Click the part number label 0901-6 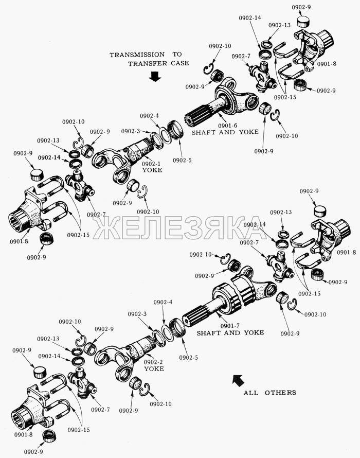[x=227, y=125]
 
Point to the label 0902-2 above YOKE [x=154, y=362]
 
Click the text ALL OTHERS [x=269, y=393]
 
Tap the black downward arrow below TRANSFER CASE [x=154, y=77]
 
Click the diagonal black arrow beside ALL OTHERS [x=238, y=381]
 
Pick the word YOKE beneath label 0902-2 [x=154, y=369]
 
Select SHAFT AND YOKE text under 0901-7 [x=230, y=333]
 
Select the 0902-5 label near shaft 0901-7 [x=189, y=357]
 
